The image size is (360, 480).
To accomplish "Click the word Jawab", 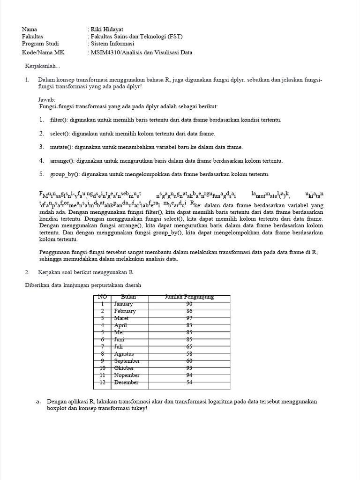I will tap(46, 100).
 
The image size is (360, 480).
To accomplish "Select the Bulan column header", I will tap(128, 297).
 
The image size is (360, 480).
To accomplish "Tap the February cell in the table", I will tap(125, 311).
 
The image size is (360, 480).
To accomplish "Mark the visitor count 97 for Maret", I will tap(189, 318).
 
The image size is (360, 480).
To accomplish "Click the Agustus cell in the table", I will tap(124, 354).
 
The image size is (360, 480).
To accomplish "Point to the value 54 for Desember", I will tap(189, 382).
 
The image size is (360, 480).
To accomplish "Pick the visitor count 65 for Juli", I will tap(189, 346).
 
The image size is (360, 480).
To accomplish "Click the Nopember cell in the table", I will tap(127, 375).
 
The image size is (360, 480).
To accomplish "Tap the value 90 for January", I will tap(189, 304).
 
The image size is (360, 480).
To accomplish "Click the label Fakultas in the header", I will tap(32, 37).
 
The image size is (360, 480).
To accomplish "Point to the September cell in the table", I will tap(127, 361).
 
